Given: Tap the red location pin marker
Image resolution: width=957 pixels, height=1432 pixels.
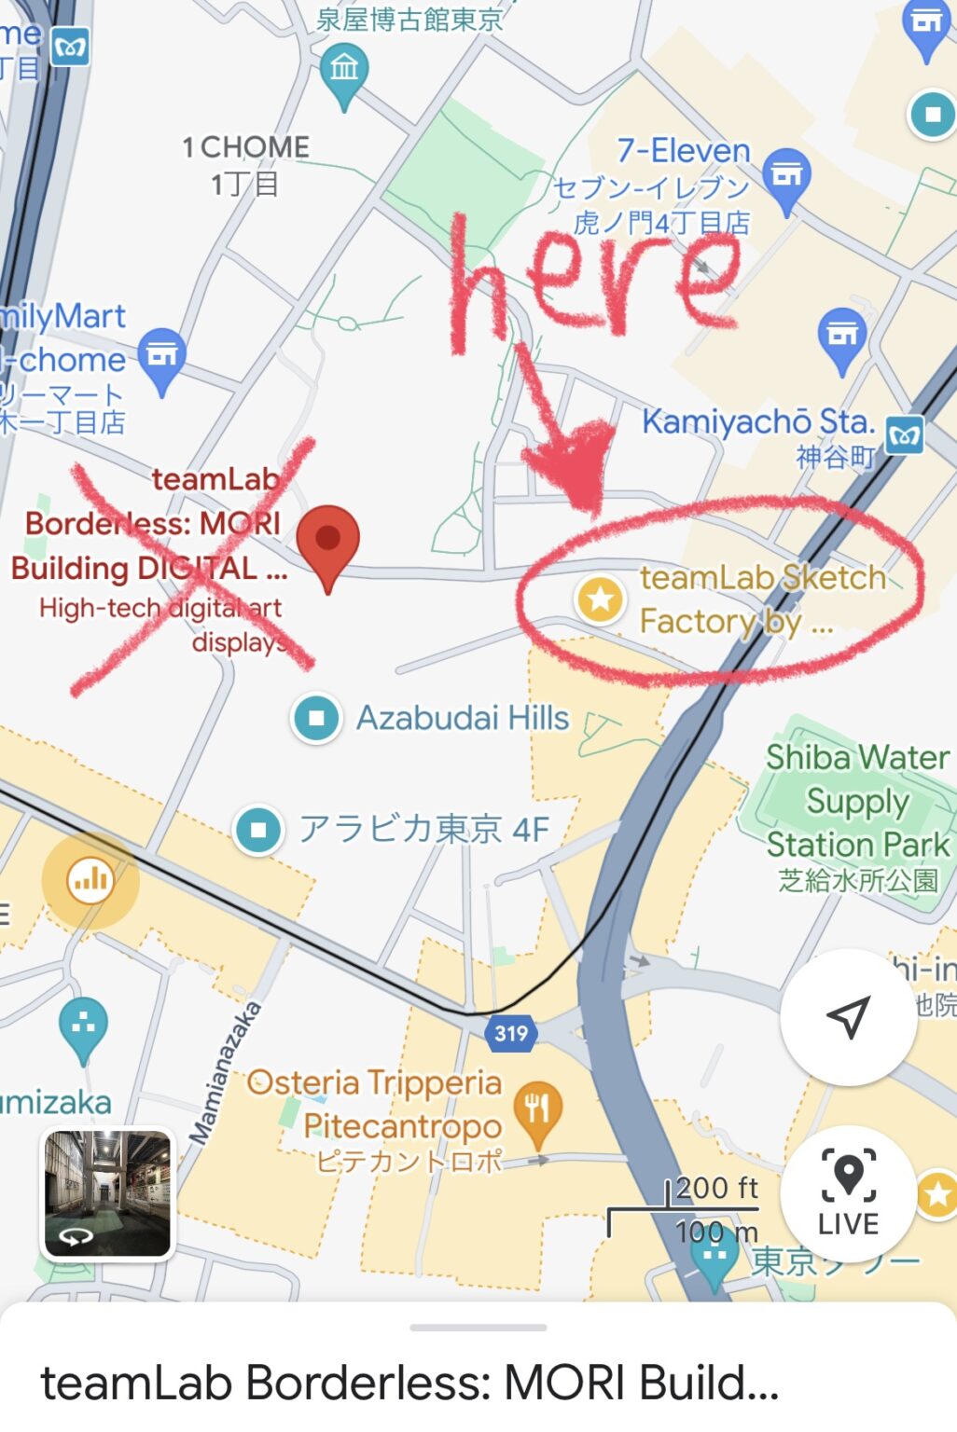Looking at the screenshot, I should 327,542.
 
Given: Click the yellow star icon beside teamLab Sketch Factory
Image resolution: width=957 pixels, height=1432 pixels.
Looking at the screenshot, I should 600,598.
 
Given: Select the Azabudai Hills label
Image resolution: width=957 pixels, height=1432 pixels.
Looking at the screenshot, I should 462,718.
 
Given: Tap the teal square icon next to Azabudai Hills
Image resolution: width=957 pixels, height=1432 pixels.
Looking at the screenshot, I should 316,718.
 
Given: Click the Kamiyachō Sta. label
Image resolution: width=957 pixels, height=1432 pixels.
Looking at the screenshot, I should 756,422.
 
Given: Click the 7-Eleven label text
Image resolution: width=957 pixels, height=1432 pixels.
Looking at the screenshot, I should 683,150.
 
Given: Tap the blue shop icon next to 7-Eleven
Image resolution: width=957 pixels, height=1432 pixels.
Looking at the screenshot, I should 786,175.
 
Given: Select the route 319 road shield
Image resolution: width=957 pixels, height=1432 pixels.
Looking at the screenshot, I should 510,1033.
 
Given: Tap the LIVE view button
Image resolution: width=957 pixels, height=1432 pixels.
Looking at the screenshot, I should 848,1192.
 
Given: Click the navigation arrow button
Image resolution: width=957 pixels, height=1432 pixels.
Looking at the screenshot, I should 848,1017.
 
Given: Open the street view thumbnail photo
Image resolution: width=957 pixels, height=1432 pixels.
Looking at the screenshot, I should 107,1192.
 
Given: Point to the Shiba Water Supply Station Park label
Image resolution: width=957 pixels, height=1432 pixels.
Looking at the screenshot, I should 857,801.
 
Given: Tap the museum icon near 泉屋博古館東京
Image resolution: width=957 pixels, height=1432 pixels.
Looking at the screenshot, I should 344,68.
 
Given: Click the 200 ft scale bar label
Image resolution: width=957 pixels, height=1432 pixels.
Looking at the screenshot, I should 715,1188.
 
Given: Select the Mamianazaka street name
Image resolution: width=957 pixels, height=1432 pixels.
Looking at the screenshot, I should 224,1072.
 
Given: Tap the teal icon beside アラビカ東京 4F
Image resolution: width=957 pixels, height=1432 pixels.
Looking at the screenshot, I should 258,829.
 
